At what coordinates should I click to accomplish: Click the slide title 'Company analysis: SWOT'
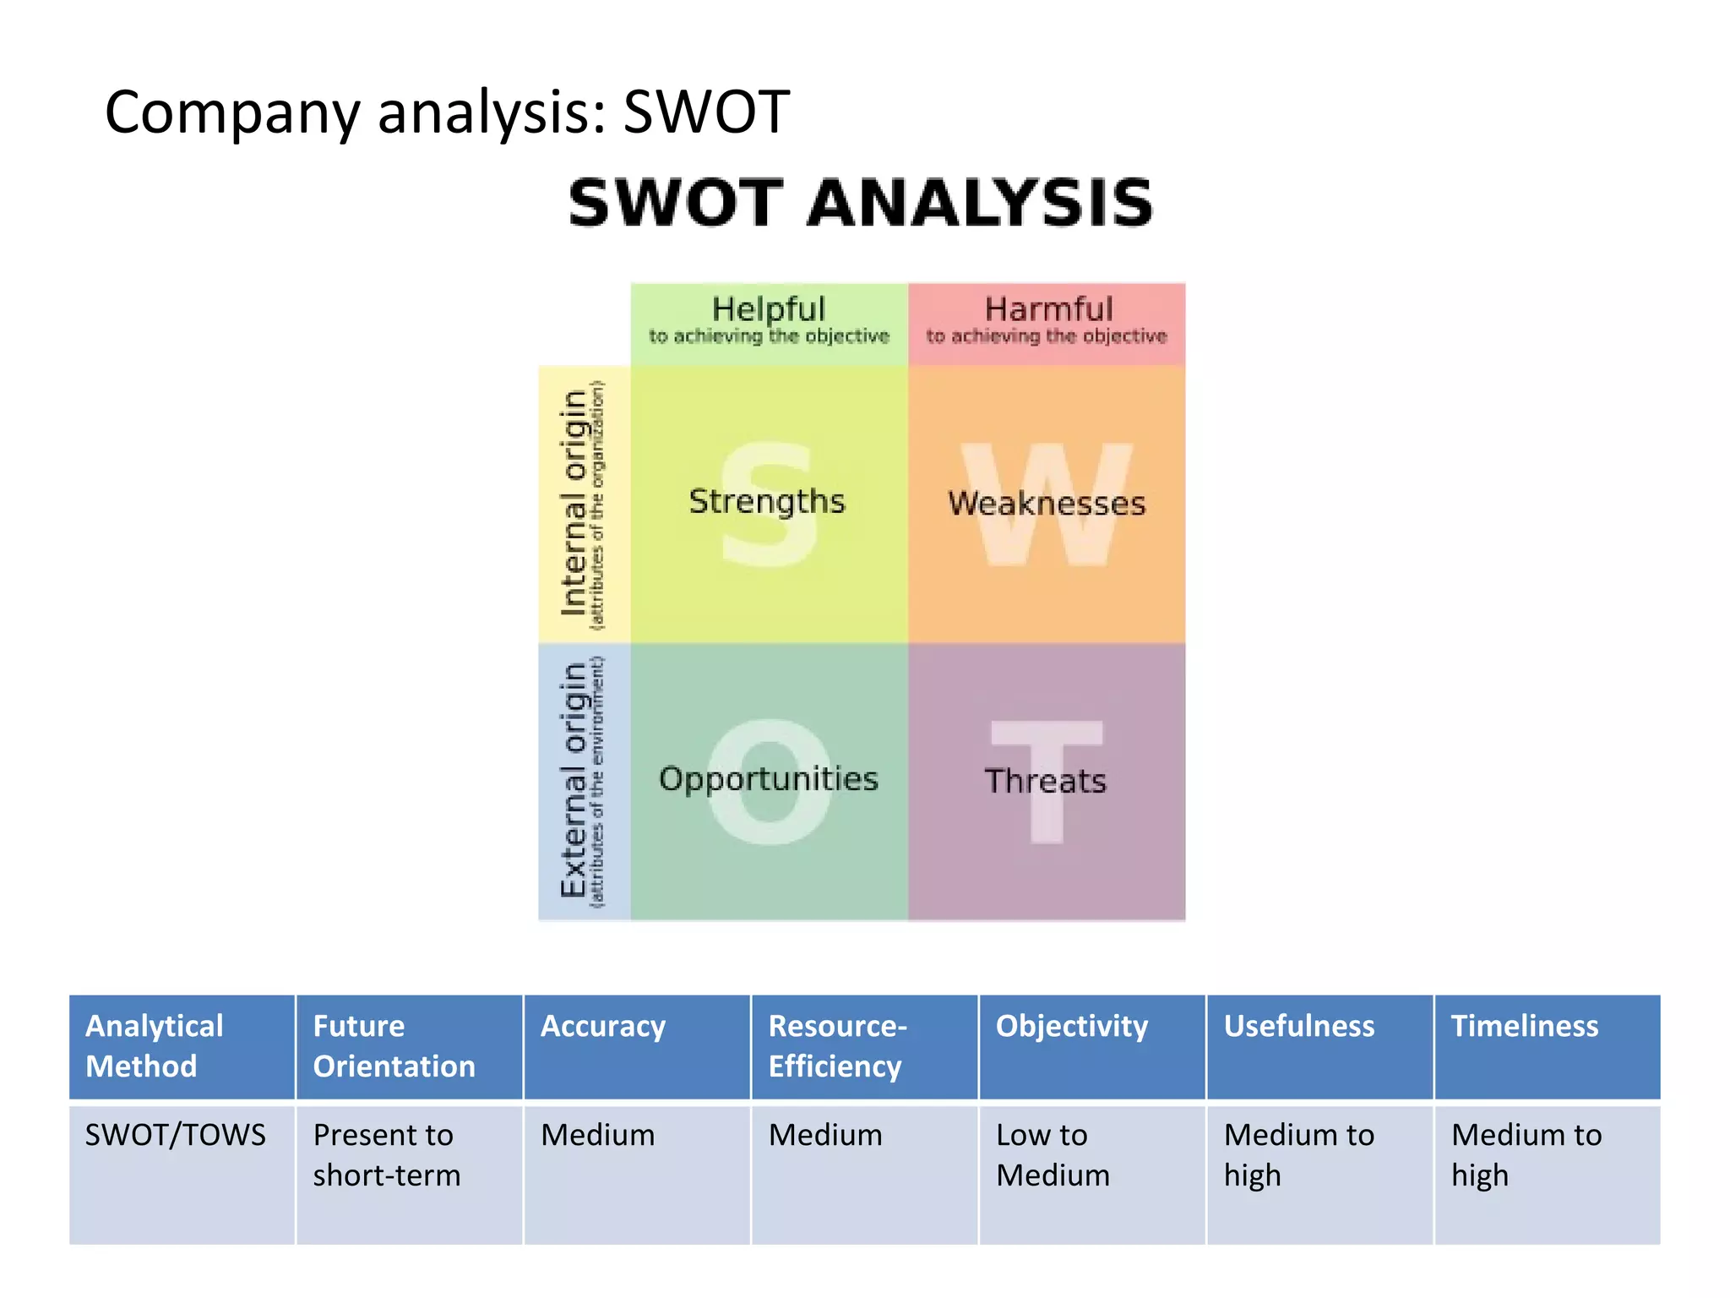coord(447,112)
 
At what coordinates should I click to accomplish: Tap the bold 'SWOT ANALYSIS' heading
coord(861,204)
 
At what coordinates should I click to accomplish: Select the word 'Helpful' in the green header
coord(768,309)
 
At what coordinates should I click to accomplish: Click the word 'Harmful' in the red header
coord(1048,309)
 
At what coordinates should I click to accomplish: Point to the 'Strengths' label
coord(767,502)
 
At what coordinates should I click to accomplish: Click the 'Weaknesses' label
coord(1047,504)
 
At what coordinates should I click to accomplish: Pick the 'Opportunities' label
coord(769,779)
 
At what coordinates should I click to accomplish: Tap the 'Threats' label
coord(1046,781)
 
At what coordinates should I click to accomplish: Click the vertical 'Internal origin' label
coord(574,504)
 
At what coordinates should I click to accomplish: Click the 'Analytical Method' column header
coord(155,1046)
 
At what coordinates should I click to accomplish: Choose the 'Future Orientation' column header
coord(394,1046)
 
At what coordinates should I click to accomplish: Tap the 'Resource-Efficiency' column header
coord(837,1046)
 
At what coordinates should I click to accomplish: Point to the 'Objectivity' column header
coord(1072,1026)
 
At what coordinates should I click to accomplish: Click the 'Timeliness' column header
coord(1525,1026)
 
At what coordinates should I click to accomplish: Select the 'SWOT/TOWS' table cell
coord(176,1135)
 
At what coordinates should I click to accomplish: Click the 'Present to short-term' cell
coord(386,1155)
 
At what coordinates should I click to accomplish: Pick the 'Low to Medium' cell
coord(1053,1155)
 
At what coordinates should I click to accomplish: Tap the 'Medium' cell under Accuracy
coord(598,1135)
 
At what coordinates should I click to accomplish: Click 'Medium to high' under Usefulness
coord(1299,1155)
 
